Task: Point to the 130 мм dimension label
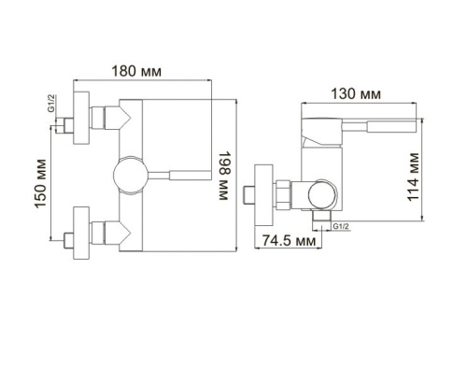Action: point(357,94)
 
